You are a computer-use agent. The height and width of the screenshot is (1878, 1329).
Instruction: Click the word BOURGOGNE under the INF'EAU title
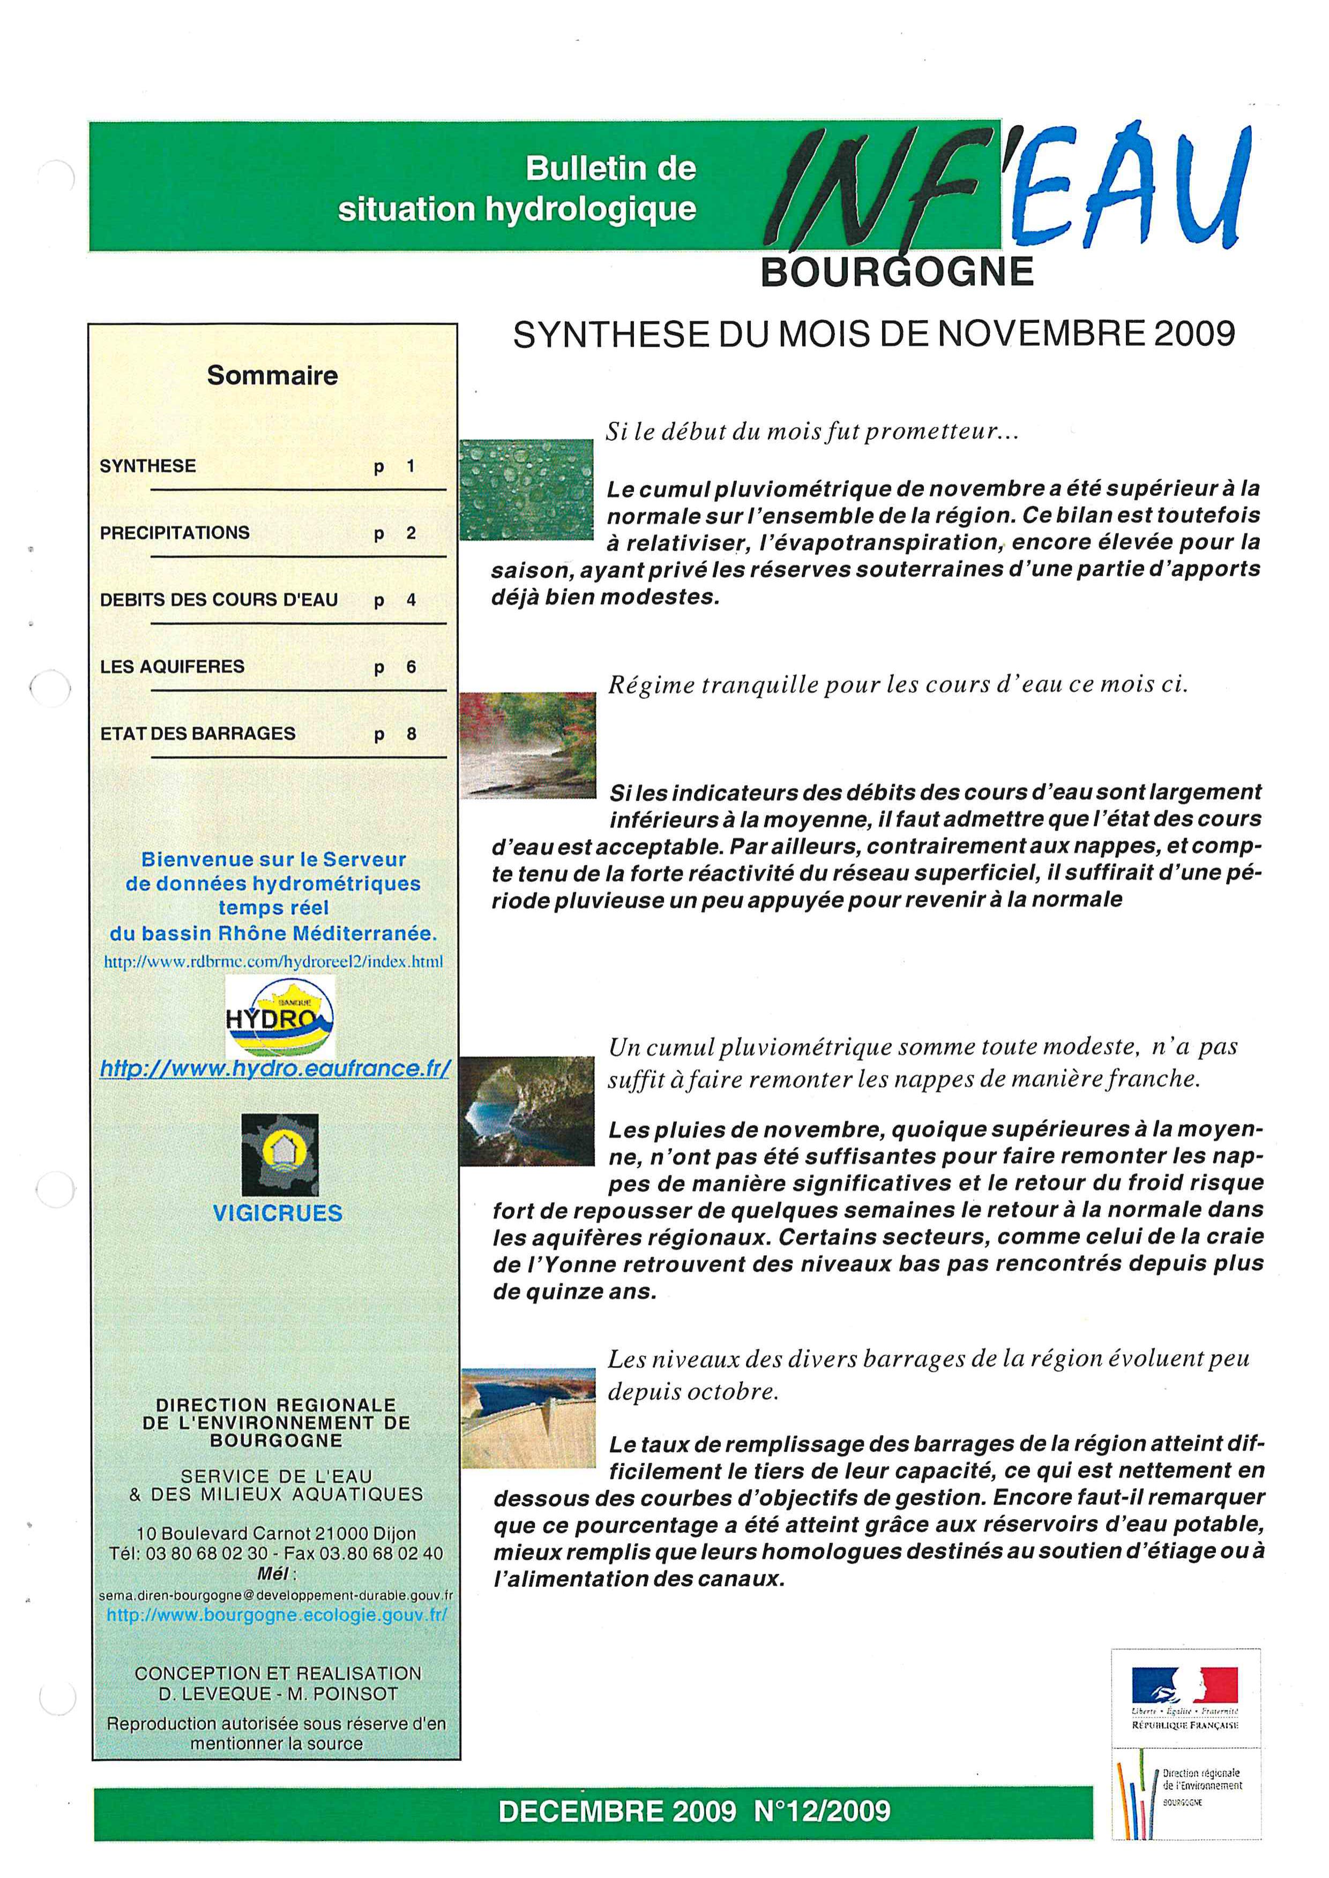[897, 271]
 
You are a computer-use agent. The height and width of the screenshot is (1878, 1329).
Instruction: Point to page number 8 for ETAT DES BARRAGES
[412, 734]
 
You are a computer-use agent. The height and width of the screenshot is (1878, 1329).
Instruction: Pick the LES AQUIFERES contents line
[172, 667]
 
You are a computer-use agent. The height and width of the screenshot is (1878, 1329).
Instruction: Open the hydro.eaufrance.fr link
[275, 1068]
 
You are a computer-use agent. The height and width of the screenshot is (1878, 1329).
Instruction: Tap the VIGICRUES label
[278, 1213]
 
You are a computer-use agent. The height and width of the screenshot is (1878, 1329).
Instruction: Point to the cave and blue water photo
[527, 1110]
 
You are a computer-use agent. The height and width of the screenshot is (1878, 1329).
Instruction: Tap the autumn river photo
[528, 744]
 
